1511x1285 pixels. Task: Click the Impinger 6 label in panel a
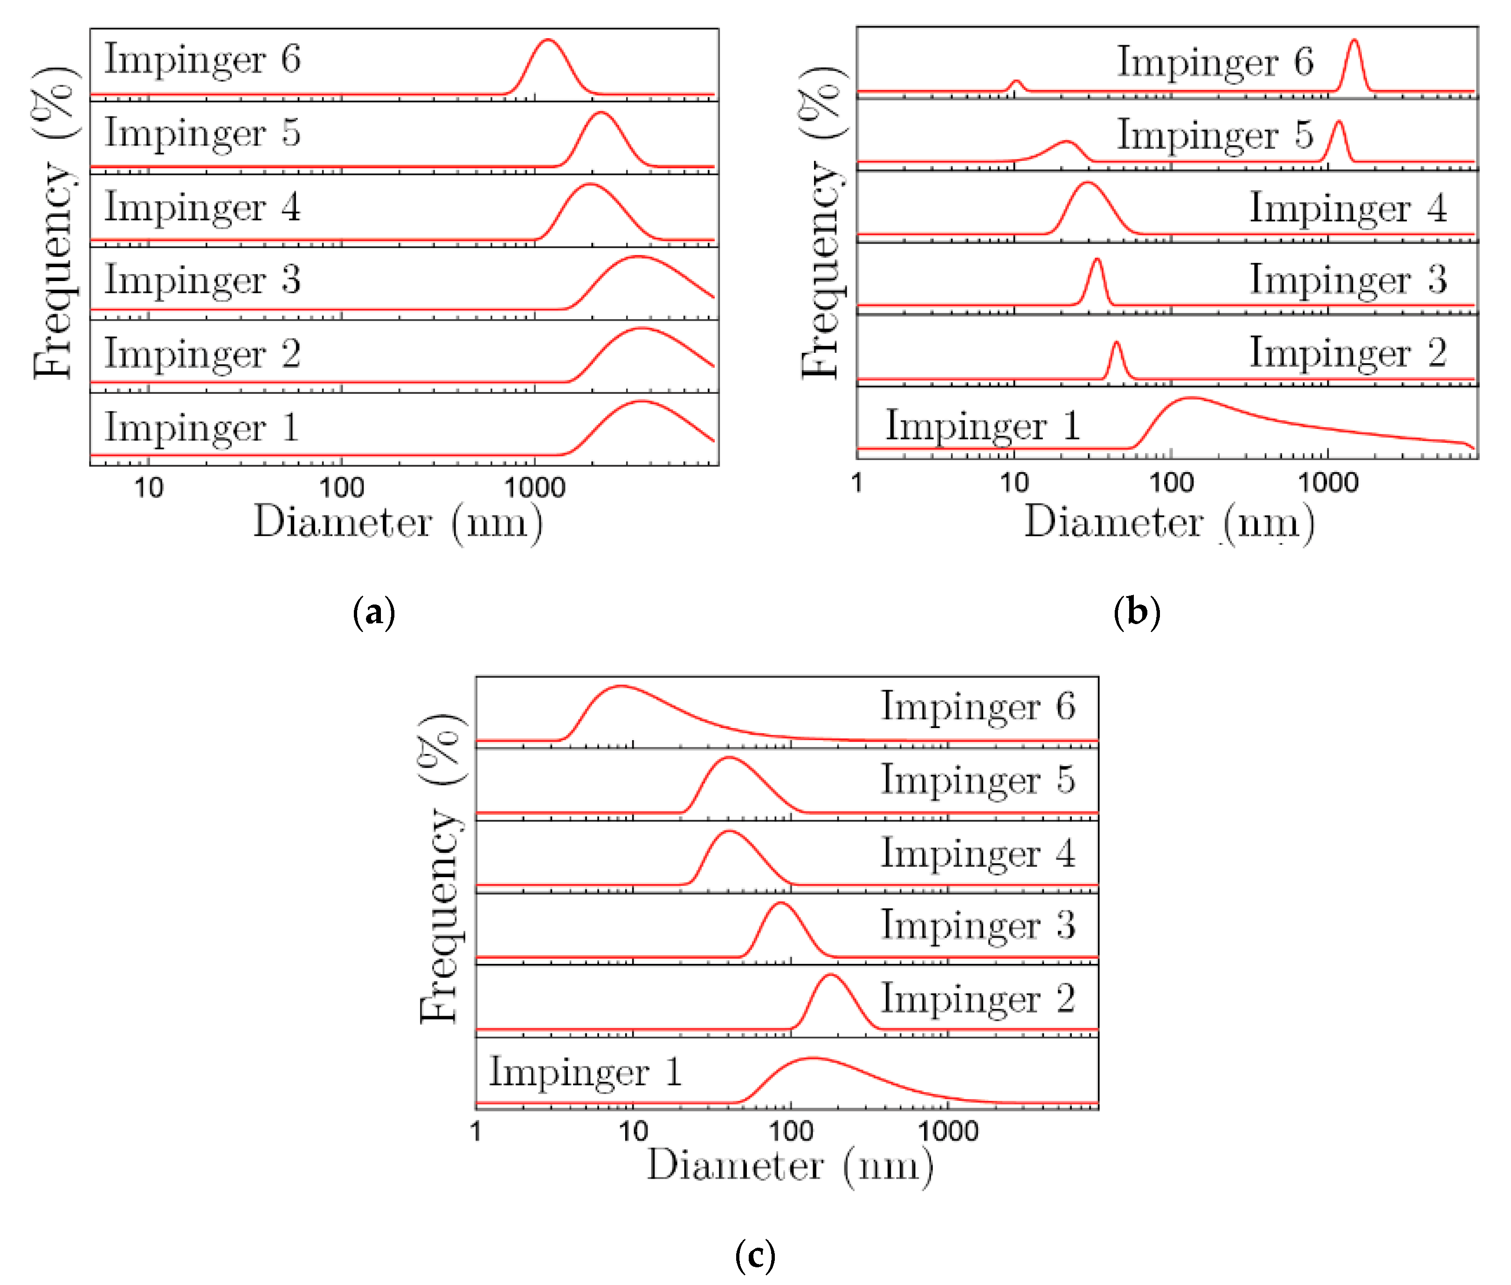click(202, 59)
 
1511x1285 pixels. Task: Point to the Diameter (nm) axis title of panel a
click(398, 523)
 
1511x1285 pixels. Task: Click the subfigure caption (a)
click(374, 612)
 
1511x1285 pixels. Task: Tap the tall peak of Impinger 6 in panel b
click(1353, 41)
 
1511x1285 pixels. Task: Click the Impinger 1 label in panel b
click(982, 426)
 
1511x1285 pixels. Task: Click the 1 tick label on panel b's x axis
click(857, 482)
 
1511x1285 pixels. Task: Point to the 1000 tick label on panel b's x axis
click(1327, 482)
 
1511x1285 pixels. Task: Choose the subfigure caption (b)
click(1137, 612)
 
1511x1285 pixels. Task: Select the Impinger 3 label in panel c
click(978, 925)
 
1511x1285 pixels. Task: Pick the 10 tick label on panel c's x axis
click(632, 1131)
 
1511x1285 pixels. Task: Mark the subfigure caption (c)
click(755, 1256)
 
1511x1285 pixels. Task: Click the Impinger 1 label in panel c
click(586, 1072)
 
